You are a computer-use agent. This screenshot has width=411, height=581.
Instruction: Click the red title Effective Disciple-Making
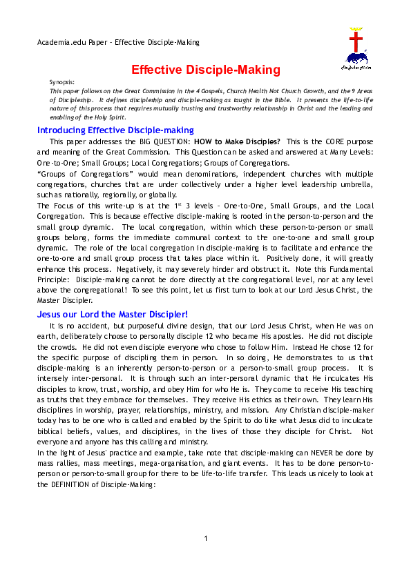tap(206, 70)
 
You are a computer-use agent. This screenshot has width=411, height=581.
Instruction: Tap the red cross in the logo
tap(357, 39)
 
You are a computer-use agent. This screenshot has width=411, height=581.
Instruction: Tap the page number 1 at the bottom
tap(206, 558)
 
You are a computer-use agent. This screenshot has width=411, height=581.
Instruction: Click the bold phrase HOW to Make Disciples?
tap(238, 141)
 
